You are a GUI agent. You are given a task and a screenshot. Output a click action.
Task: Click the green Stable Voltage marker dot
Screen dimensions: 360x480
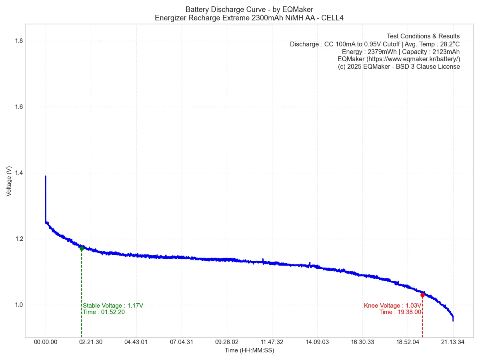tap(82, 248)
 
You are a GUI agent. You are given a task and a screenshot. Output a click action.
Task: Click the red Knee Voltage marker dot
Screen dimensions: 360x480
tap(422, 295)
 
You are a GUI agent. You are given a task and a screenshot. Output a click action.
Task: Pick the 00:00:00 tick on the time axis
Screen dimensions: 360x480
tap(46, 342)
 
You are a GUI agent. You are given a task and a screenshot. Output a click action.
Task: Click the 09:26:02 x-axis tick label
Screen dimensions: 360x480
tap(227, 342)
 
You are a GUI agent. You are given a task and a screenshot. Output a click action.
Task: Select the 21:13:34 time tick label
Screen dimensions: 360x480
tap(453, 342)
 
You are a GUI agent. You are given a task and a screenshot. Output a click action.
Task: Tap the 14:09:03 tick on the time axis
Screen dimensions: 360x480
tap(317, 342)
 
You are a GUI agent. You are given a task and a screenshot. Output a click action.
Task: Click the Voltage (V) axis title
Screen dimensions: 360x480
tap(9, 181)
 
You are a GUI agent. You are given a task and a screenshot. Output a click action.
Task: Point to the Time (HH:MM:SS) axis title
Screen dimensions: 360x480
tap(249, 350)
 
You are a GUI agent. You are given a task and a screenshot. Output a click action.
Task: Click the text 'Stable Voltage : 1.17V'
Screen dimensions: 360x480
tap(113, 306)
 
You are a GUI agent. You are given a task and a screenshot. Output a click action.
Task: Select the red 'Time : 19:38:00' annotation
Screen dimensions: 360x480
tap(400, 312)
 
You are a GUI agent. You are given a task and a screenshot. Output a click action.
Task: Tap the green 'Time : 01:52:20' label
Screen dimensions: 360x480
tap(104, 312)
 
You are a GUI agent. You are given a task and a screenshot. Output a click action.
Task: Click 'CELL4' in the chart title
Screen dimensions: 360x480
tap(332, 18)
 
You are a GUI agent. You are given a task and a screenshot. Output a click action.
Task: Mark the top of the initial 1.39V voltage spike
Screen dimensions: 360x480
tap(46, 176)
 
